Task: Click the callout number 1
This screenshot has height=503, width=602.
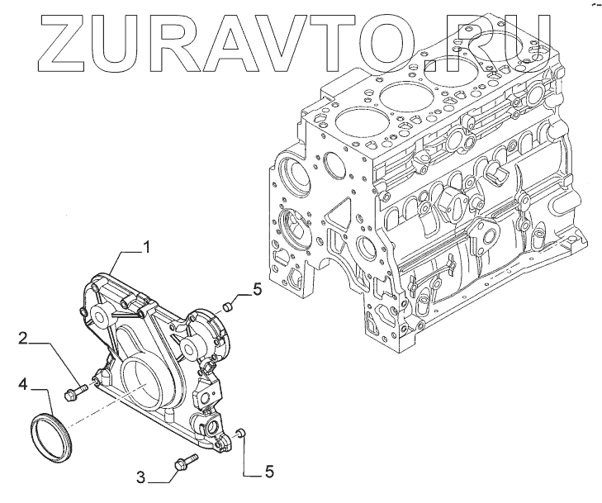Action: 147,245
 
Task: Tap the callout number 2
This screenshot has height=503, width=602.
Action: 24,338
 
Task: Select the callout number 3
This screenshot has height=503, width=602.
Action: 142,476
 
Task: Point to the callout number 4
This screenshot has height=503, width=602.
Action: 24,383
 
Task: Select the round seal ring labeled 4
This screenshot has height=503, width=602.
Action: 51,429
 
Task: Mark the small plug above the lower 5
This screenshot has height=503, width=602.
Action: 239,433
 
